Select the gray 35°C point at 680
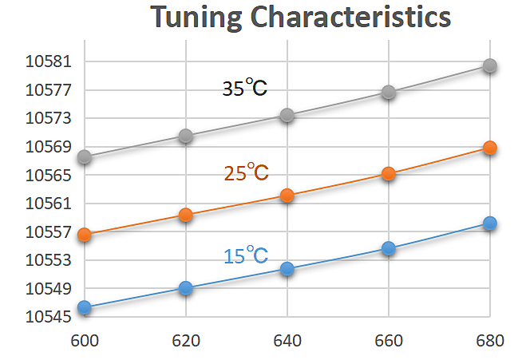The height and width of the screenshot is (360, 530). (x=490, y=65)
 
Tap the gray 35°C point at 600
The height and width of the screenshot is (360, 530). (x=85, y=156)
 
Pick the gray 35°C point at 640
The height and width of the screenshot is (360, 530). (x=287, y=116)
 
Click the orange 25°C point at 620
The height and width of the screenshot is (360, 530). (x=185, y=214)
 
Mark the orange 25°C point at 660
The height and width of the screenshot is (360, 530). (x=389, y=173)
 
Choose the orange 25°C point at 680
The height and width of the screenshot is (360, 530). (x=490, y=148)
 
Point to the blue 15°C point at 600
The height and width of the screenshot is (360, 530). (x=85, y=307)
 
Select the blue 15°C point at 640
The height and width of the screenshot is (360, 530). (x=287, y=269)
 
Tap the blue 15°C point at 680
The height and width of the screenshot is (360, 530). (x=490, y=223)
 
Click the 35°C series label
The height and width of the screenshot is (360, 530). (x=244, y=88)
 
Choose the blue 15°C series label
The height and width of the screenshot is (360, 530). (x=245, y=255)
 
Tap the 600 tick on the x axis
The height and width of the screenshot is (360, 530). (x=84, y=342)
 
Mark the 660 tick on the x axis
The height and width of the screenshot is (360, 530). (x=389, y=342)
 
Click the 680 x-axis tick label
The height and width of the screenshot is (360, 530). (x=490, y=342)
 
